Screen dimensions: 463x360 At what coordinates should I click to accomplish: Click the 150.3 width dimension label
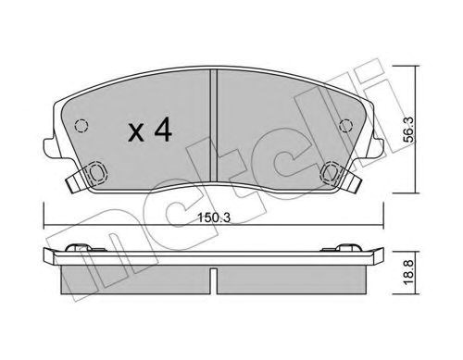214,218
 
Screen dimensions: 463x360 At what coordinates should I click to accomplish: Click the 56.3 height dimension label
409,130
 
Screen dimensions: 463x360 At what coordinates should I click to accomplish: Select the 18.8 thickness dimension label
409,273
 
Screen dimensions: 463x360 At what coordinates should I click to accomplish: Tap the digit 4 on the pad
163,130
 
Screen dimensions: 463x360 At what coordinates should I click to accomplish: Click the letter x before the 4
136,133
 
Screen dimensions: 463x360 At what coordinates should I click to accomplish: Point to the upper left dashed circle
81,126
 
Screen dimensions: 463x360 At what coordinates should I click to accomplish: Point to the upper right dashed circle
345,126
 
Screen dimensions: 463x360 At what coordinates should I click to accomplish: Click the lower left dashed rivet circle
96,172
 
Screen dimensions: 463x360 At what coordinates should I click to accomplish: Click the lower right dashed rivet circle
331,172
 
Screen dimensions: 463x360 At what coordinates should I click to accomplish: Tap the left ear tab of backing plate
49,147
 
